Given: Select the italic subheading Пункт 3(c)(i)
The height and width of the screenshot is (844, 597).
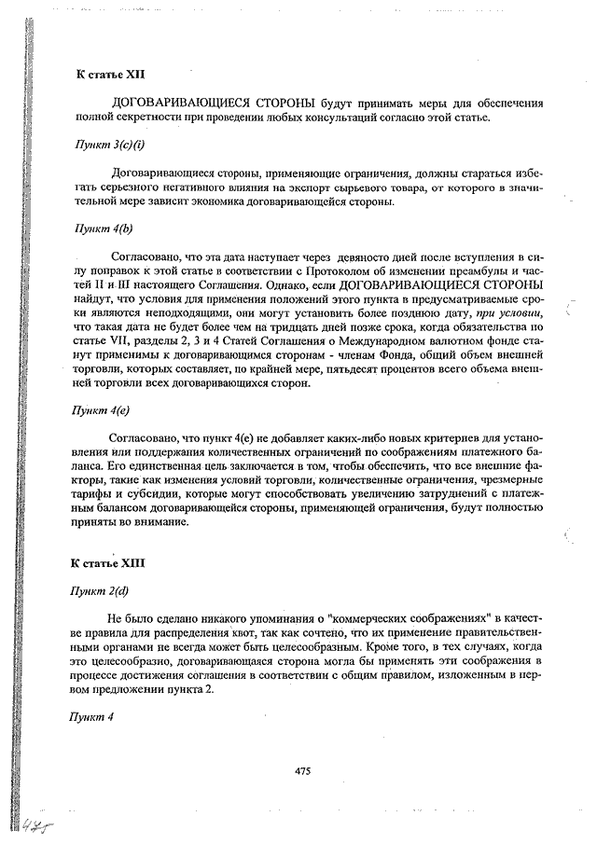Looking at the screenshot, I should [110, 145].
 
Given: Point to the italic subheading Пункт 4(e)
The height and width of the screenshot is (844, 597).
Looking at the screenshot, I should [103, 410].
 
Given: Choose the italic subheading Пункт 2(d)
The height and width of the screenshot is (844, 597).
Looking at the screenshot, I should [103, 591].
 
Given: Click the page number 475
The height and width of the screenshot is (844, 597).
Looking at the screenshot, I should [302, 771].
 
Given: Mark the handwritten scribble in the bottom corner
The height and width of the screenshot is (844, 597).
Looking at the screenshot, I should [38, 826].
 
